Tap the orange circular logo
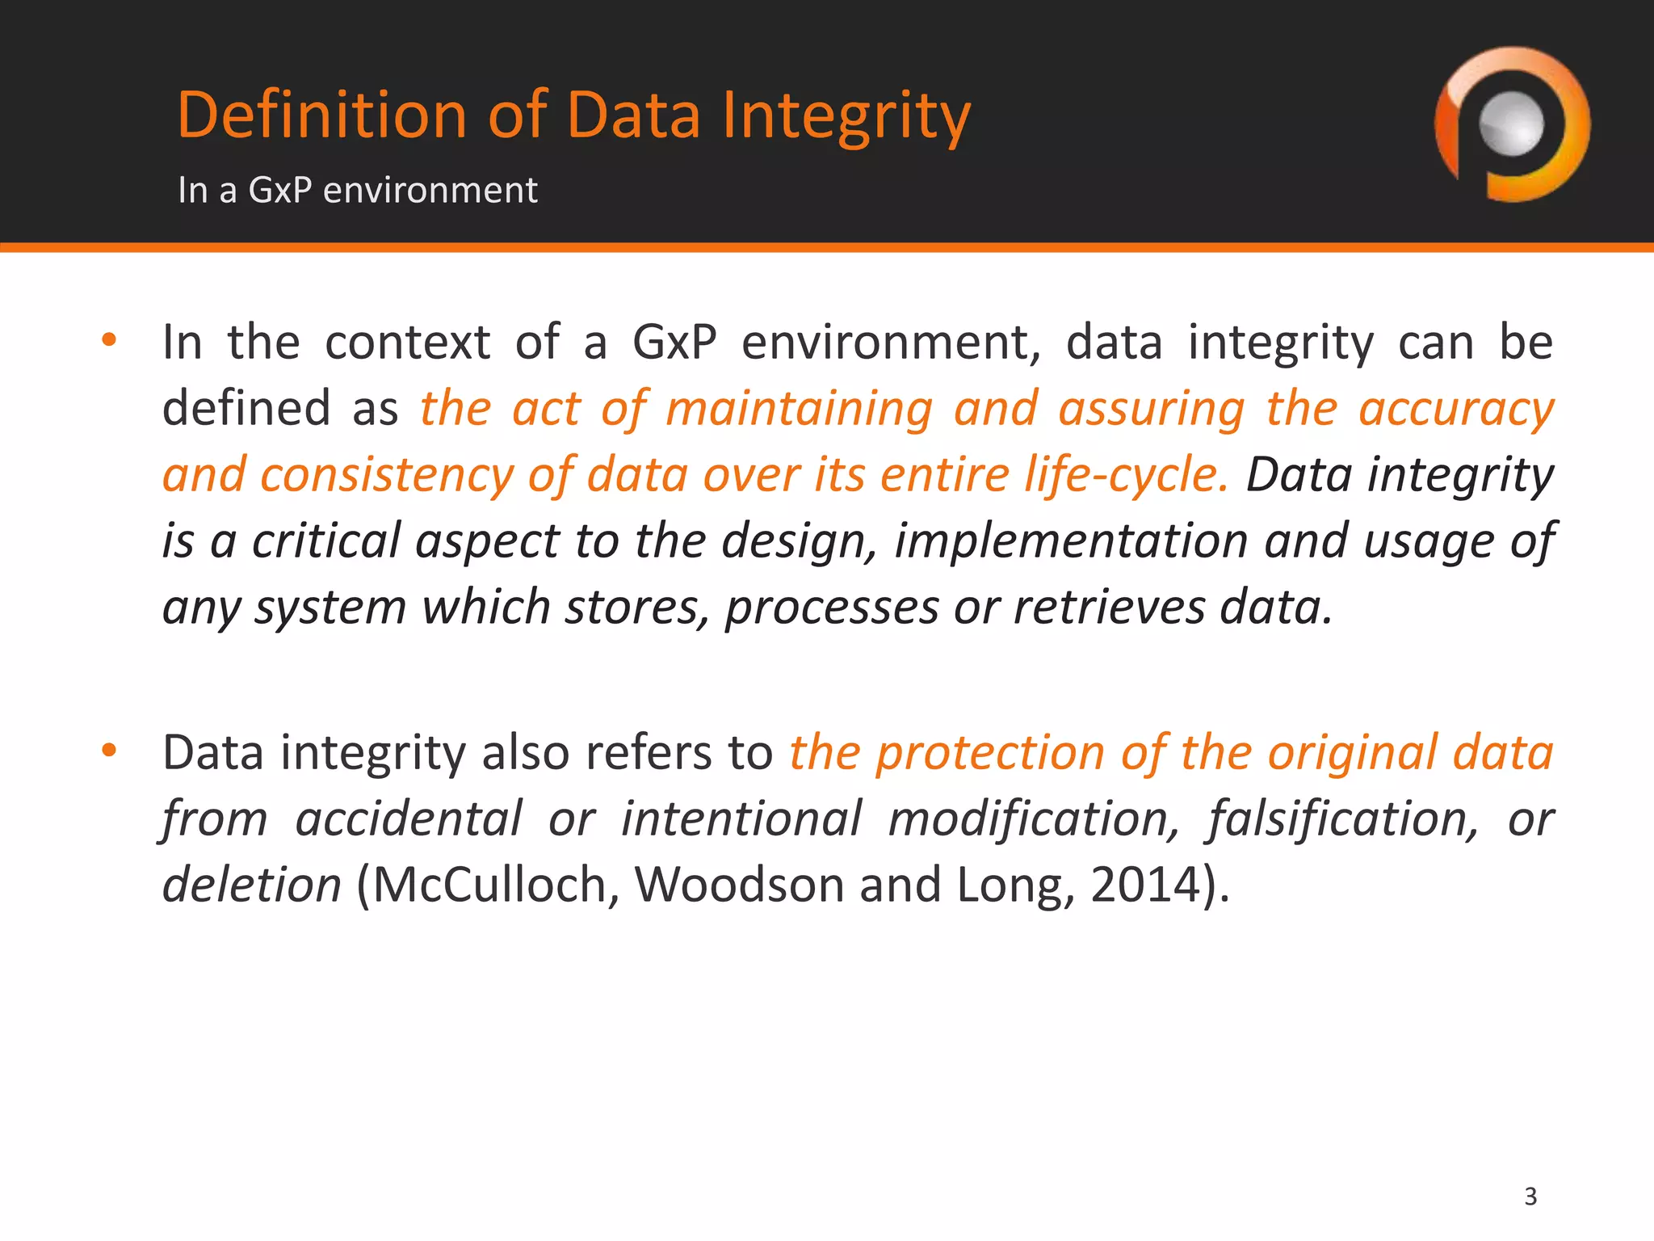click(1511, 125)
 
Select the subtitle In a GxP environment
click(357, 191)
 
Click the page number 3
click(1530, 1196)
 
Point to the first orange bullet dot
click(110, 339)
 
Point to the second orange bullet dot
click(110, 751)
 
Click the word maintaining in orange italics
click(799, 408)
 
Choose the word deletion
click(251, 885)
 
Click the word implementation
click(1071, 541)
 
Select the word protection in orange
click(990, 752)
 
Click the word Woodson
click(738, 885)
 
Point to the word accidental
click(409, 818)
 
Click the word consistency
click(386, 474)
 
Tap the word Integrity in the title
click(846, 115)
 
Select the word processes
click(831, 607)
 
